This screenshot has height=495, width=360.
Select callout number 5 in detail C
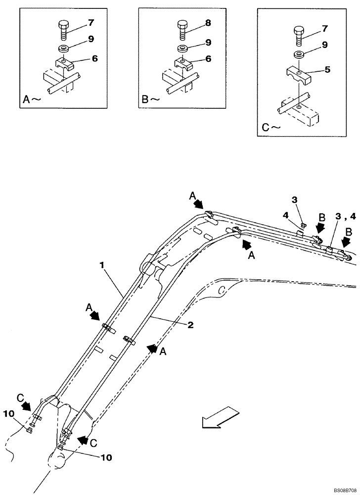(x=327, y=70)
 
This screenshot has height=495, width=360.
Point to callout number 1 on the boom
(x=102, y=265)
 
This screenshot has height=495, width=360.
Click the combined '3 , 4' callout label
(x=345, y=215)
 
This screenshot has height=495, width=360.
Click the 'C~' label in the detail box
(x=269, y=127)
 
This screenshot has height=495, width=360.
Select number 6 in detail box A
(x=94, y=58)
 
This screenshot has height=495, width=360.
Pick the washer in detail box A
(x=64, y=49)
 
